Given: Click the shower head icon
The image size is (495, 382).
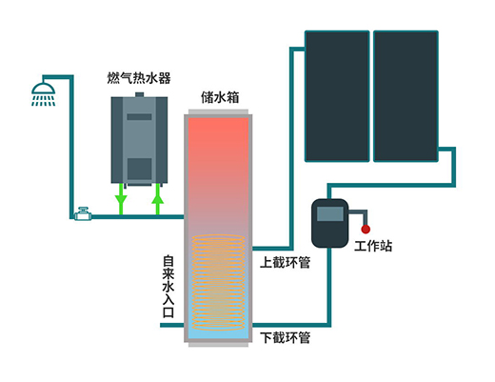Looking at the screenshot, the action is (x=44, y=94).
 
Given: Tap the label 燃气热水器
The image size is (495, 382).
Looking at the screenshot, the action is (x=139, y=78).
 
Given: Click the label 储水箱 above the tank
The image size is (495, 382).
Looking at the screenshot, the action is (x=220, y=97).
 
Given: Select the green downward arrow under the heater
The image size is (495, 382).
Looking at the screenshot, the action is (x=121, y=198).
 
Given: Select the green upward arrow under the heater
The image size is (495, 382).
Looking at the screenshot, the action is (x=158, y=198).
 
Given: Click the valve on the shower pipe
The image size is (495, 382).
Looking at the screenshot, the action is (x=83, y=214).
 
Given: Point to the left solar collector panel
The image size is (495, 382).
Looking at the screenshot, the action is (x=337, y=96).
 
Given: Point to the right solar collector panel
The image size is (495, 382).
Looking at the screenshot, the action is (x=406, y=96).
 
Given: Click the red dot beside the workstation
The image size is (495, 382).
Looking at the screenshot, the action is (x=366, y=229).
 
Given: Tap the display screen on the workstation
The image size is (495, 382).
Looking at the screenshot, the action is (x=330, y=213).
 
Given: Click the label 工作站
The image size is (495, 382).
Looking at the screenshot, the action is (x=373, y=246).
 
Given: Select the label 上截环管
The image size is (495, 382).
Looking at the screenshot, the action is (x=285, y=263).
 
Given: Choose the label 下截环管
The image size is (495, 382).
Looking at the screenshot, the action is (x=285, y=337).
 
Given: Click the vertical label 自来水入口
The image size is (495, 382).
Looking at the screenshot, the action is (x=168, y=286).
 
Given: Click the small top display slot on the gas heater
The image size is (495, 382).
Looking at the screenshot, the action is (x=139, y=117).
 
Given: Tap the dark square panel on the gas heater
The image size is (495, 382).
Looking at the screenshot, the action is (x=139, y=170).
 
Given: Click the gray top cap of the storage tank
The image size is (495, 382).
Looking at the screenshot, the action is (x=218, y=111).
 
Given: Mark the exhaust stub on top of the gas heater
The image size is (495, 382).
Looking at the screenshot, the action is (x=139, y=94).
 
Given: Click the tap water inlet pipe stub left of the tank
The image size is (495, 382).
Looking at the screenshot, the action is (x=172, y=325).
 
